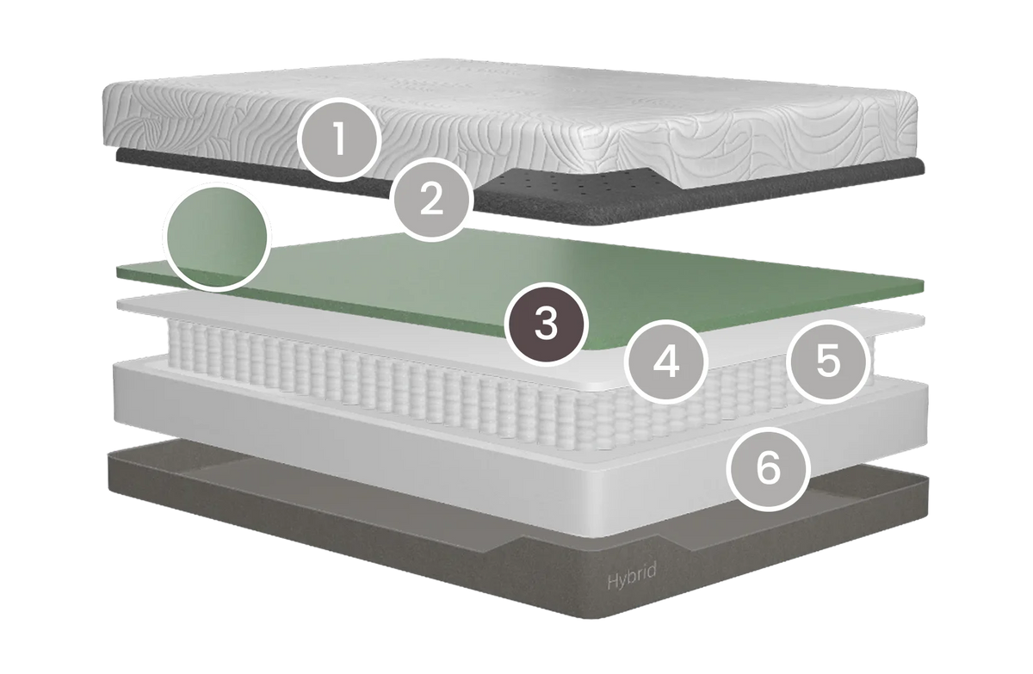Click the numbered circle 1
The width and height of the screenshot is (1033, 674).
pos(339,139)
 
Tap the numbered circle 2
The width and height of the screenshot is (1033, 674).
pos(431,200)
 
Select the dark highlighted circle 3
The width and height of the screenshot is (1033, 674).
pos(546,325)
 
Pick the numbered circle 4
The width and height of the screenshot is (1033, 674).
pos(666,362)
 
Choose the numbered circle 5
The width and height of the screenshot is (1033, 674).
pos(829,362)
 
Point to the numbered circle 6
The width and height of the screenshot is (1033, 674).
pos(768,468)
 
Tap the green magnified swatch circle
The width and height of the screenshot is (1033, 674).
pos(217,237)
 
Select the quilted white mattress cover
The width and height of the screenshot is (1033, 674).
pos(507,125)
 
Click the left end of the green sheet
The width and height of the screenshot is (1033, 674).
pos(119,273)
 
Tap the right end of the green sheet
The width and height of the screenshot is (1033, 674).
pos(923,286)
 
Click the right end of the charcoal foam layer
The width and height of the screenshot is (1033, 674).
pos(923,166)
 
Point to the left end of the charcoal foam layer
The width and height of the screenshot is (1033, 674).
pos(118,155)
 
